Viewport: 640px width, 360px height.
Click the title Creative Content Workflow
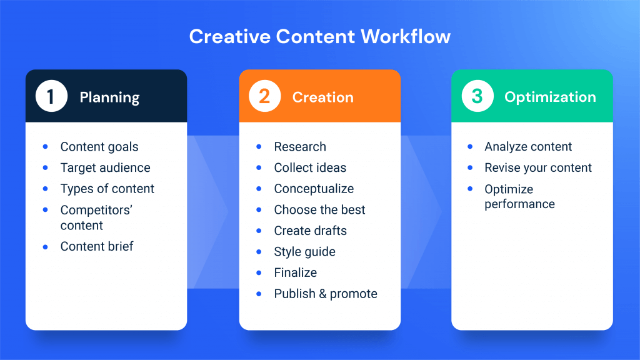[319, 36]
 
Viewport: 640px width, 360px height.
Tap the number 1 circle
[51, 96]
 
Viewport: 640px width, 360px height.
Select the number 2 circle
[264, 96]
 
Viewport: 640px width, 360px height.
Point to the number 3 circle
[477, 96]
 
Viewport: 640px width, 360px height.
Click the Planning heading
[109, 97]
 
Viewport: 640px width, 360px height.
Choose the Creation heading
[322, 97]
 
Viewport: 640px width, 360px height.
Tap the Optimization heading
[550, 97]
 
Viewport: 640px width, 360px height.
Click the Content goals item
[99, 147]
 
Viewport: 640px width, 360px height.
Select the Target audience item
[105, 167]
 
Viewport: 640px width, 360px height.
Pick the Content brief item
[97, 246]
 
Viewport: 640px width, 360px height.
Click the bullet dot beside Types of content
[46, 189]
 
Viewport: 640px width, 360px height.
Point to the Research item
[300, 147]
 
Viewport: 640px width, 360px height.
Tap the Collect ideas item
[310, 167]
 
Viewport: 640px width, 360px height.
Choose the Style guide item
[304, 252]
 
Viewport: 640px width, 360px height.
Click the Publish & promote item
[326, 294]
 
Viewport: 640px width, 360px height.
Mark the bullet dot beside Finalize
[259, 272]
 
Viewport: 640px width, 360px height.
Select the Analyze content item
[528, 147]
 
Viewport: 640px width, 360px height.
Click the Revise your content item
[538, 167]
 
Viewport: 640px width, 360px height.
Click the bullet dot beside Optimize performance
[470, 189]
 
